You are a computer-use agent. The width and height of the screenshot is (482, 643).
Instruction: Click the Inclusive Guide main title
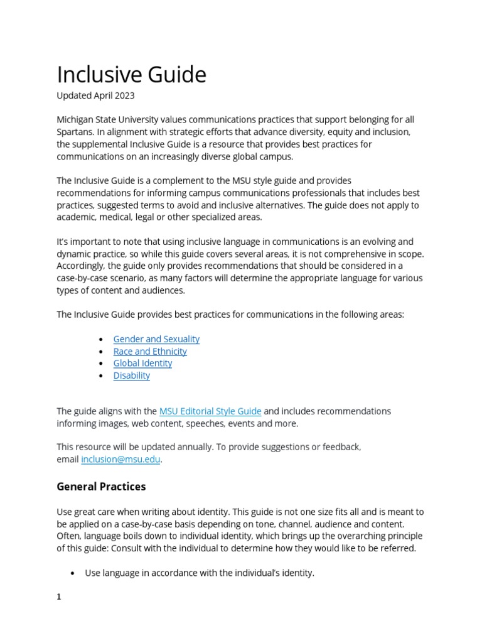(131, 75)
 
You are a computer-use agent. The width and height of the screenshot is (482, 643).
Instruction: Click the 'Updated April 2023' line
(95, 96)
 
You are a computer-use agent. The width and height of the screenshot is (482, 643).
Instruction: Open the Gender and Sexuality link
(156, 339)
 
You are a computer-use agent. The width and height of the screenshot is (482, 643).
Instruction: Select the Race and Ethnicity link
(150, 351)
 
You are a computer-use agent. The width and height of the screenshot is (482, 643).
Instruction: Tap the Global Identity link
(142, 363)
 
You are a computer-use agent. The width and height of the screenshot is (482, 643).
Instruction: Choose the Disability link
(132, 376)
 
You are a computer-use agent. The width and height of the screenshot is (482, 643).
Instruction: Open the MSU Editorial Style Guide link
(210, 411)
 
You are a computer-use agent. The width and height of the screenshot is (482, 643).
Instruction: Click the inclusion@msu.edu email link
(121, 459)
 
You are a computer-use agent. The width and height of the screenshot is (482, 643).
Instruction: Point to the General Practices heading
(101, 487)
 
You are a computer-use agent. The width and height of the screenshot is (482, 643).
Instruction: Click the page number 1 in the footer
(59, 597)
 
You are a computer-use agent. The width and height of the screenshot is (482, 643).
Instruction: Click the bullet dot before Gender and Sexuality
(101, 340)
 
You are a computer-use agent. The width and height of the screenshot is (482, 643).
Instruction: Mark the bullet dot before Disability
(101, 376)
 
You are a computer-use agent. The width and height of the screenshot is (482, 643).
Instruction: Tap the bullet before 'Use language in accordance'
(73, 573)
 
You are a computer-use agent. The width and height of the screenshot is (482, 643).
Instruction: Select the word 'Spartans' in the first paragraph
(75, 132)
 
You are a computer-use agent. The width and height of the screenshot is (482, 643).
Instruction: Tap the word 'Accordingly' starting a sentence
(84, 266)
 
